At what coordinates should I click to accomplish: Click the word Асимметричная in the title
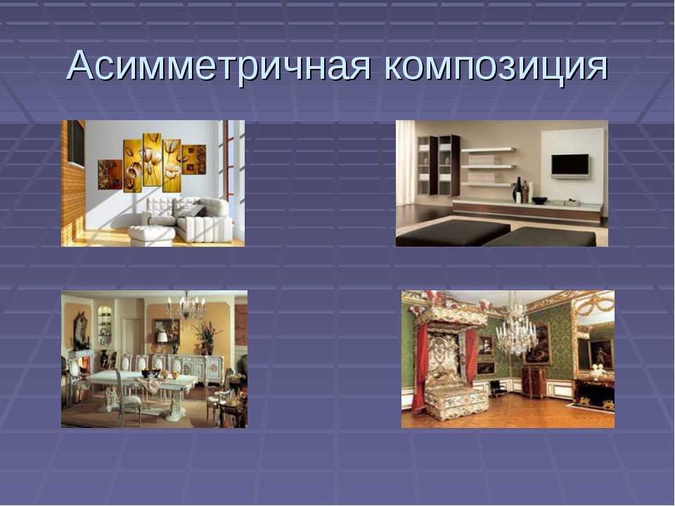pos(219,66)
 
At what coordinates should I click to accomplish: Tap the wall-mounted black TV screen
pos(570,166)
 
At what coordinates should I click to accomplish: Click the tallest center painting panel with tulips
pos(152,160)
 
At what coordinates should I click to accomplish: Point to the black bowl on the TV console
pos(539,200)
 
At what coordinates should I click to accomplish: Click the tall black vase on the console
pos(518,190)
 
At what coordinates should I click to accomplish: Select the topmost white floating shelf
pos(488,150)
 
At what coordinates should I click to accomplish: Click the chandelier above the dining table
pos(186,306)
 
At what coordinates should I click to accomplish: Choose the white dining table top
pos(141,379)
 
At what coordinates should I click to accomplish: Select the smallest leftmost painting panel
pos(110,174)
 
